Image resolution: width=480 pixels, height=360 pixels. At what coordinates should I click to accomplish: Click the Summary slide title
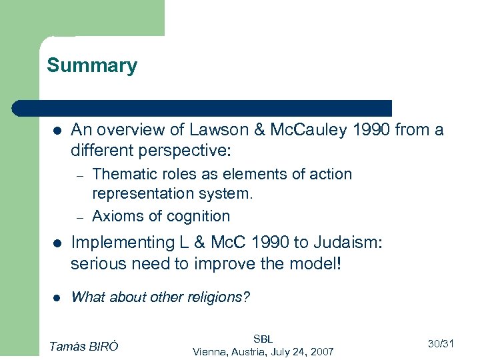click(x=92, y=65)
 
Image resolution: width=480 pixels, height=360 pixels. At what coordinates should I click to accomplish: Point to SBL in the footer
click(x=263, y=339)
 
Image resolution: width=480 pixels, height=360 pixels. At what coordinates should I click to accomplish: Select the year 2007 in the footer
click(x=322, y=351)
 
